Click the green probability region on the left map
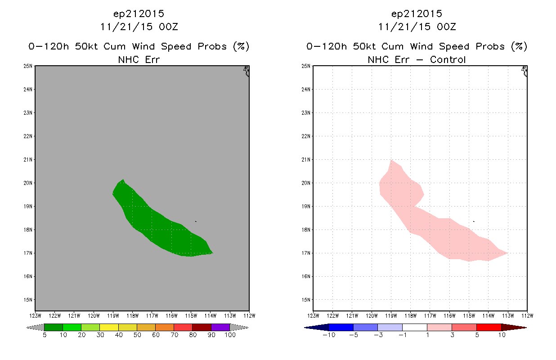[161, 221]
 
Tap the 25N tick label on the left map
[28, 66]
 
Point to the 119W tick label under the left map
[113, 316]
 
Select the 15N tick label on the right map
[306, 300]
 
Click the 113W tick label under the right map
[508, 316]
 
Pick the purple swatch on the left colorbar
[220, 327]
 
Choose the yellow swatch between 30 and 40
[109, 327]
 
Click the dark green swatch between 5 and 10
[54, 327]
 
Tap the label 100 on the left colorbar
[230, 335]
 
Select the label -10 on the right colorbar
[329, 335]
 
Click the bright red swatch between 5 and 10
[489, 327]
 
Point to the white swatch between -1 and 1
[415, 327]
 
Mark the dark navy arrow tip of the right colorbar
[305, 328]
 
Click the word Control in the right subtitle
[448, 60]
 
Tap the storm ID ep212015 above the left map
[139, 14]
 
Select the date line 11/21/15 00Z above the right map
[417, 27]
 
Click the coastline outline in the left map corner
[247, 71]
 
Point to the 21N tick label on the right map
[306, 160]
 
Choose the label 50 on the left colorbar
[137, 335]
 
